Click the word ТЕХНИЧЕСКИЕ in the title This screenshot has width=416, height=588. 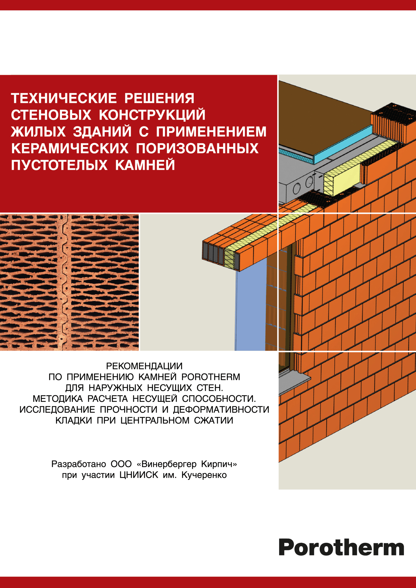64,98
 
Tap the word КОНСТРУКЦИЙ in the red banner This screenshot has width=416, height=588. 152,115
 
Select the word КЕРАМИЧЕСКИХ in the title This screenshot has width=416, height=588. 70,148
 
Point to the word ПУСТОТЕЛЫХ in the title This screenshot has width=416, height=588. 59,165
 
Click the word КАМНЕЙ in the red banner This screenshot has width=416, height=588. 145,165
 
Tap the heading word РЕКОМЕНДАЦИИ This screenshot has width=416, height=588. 144,366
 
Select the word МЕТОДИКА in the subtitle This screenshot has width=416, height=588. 58,399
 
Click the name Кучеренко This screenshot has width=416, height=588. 204,475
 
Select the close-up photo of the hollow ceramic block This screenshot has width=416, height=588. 69,282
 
